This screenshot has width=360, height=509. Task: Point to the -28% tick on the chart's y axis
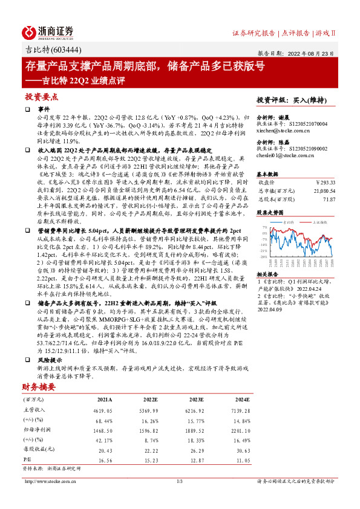[265, 257]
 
